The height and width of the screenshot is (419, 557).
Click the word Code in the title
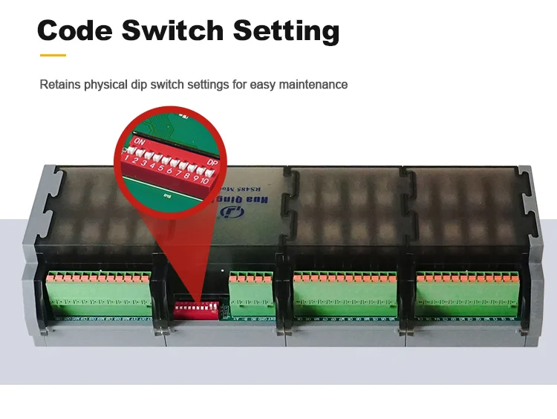(74, 30)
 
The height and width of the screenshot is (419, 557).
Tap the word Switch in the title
(172, 30)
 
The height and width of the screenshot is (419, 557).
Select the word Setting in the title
(286, 31)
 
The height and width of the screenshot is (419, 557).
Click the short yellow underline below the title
(53, 55)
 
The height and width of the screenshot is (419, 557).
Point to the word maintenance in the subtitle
(311, 85)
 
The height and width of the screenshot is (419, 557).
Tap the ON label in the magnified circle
(139, 140)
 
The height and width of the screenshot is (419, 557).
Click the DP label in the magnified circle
(213, 163)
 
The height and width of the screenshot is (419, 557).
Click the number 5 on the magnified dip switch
(161, 169)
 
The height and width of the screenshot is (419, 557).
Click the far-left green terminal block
(100, 291)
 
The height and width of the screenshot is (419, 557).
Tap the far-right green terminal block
(467, 290)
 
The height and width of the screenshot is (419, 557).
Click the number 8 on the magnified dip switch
(186, 175)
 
